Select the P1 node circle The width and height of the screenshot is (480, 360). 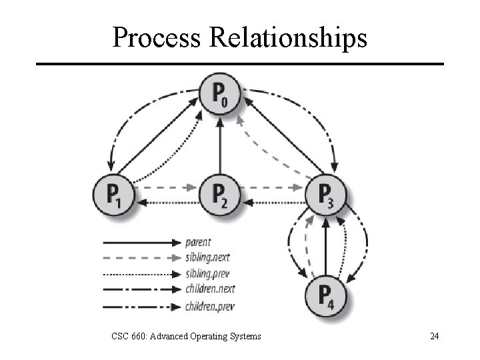pyautogui.click(x=114, y=195)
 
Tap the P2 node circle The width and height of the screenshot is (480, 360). pyautogui.click(x=220, y=195)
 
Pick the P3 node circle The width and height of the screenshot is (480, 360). pyautogui.click(x=325, y=195)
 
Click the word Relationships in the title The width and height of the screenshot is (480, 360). pyautogui.click(x=288, y=38)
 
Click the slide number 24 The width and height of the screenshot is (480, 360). pyautogui.click(x=435, y=336)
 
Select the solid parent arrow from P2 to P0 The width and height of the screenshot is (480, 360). pyautogui.click(x=220, y=143)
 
